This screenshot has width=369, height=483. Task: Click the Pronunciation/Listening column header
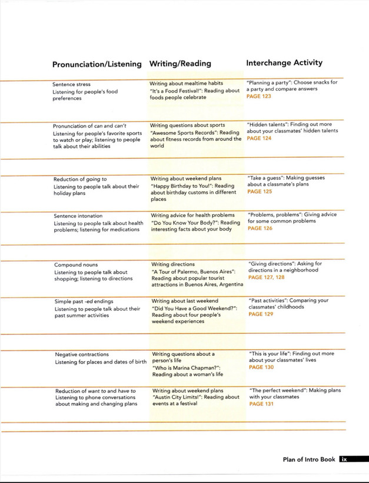point(97,64)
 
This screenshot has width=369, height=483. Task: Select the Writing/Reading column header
point(180,63)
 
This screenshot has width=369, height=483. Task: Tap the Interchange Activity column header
point(284,62)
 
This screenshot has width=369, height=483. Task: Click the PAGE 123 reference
point(259,96)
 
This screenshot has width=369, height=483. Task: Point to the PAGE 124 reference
point(259,138)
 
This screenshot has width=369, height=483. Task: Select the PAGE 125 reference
point(260,191)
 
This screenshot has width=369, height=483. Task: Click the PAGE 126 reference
point(260,229)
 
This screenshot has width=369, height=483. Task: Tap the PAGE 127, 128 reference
point(266,277)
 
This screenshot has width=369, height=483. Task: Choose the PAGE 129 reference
point(261,315)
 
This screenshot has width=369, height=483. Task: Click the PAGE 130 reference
point(261,368)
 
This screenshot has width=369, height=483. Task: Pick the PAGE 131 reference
point(261,404)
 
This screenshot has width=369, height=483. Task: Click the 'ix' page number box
point(345,459)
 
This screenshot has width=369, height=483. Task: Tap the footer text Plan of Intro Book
point(308,459)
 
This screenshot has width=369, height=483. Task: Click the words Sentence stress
point(71,84)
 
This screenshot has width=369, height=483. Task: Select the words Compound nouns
point(76,265)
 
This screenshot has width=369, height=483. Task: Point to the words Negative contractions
point(82,355)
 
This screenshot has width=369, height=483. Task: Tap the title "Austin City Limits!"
point(182,397)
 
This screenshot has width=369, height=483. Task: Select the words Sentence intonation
point(78,216)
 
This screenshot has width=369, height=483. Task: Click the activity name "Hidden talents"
point(269,124)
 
